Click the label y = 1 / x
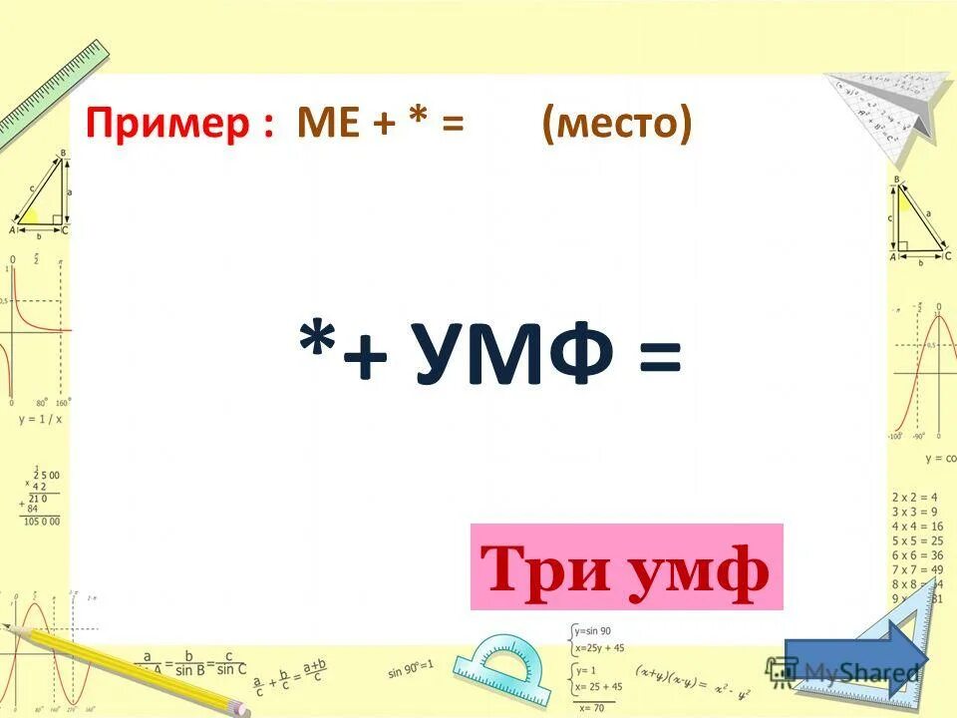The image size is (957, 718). click(x=41, y=420)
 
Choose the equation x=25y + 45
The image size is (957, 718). click(x=600, y=647)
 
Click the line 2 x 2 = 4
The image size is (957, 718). click(x=915, y=497)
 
